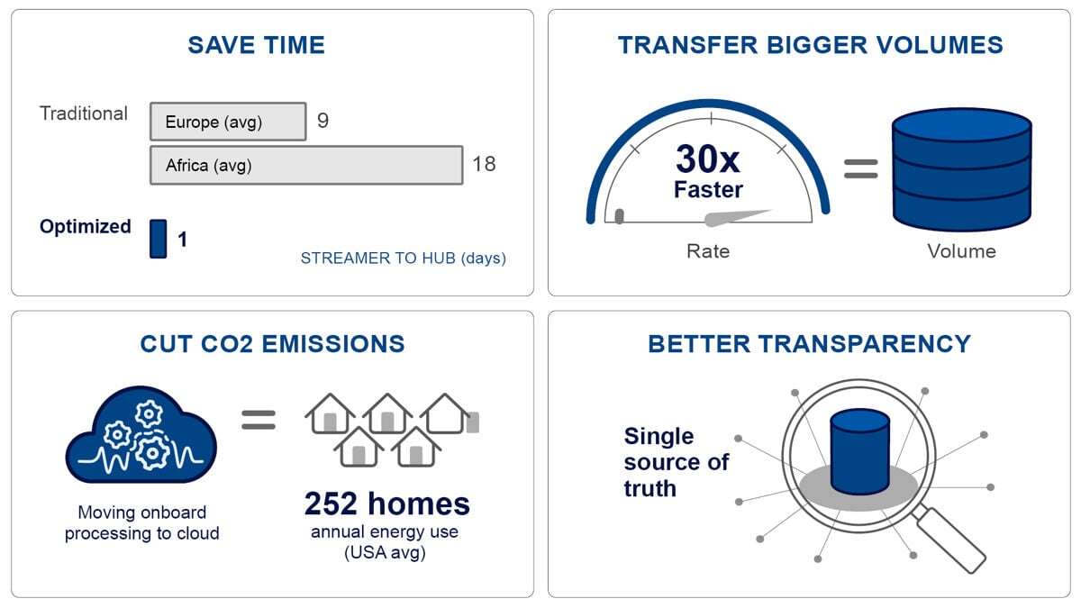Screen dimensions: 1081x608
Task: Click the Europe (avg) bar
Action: pyautogui.click(x=228, y=121)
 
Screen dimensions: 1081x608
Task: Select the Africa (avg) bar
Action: pyautogui.click(x=306, y=165)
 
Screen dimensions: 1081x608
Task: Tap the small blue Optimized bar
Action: pyautogui.click(x=159, y=239)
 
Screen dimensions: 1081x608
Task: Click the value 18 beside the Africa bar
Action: pyautogui.click(x=484, y=164)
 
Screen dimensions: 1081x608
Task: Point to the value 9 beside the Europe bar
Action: pyautogui.click(x=322, y=120)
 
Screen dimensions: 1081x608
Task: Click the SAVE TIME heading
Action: pyautogui.click(x=256, y=45)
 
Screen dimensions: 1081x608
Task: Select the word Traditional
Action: pyautogui.click(x=84, y=113)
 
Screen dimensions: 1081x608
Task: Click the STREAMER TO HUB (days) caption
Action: pyautogui.click(x=403, y=259)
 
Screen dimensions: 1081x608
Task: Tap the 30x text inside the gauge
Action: pyautogui.click(x=707, y=159)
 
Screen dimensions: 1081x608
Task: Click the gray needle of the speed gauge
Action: pyautogui.click(x=739, y=218)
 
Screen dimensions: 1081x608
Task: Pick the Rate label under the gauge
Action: pyautogui.click(x=708, y=251)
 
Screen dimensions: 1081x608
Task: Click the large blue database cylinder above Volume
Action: pyautogui.click(x=962, y=169)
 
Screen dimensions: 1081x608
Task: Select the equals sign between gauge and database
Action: pyautogui.click(x=861, y=169)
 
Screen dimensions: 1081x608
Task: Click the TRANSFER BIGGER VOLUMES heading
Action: pyautogui.click(x=810, y=45)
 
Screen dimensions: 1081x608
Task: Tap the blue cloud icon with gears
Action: pyautogui.click(x=141, y=434)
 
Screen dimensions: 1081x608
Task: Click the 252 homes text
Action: pyautogui.click(x=387, y=504)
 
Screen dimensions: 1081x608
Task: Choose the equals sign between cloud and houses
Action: pyautogui.click(x=259, y=420)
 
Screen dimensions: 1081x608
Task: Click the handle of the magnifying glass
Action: pyautogui.click(x=949, y=540)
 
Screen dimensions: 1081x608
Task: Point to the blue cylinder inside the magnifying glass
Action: pyautogui.click(x=860, y=451)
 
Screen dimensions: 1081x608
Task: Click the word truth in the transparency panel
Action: pyautogui.click(x=650, y=488)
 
